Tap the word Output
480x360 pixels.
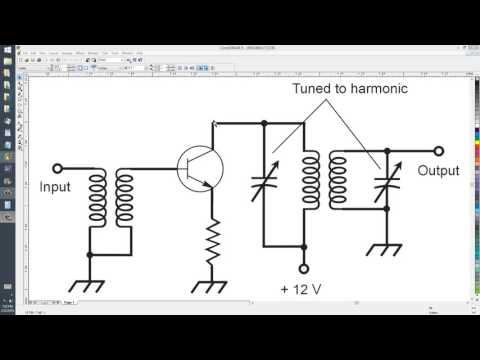439,171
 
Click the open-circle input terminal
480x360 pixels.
58,168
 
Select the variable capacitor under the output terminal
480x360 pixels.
383,188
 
